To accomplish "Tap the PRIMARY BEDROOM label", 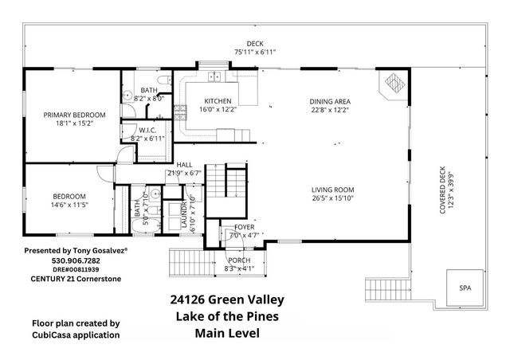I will [74, 115].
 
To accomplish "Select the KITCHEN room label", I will [218, 101].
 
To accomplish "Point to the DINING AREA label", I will [330, 101].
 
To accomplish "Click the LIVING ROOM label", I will [332, 190].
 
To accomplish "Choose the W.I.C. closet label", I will [147, 130].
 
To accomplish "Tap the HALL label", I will [184, 165].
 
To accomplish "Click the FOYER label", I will [244, 227].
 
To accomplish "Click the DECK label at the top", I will [255, 44].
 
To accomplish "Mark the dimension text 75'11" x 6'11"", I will [255, 52].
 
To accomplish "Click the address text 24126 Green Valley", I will [227, 300].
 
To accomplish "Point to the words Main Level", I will [227, 334].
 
